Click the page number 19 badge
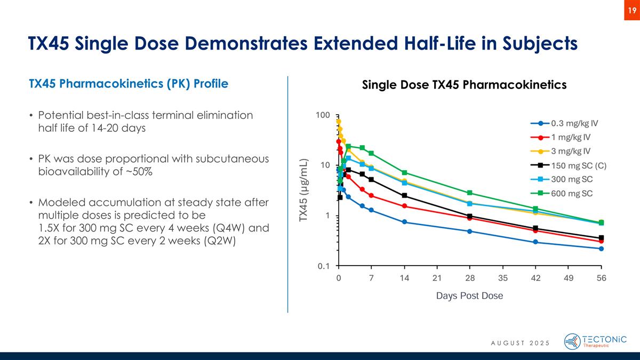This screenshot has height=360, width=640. pos(631,11)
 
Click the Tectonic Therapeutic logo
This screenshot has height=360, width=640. pos(595,341)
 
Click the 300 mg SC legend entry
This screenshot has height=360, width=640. pos(561,179)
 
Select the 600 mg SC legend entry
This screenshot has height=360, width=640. pos(561,193)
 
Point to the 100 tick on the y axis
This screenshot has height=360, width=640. pos(323,115)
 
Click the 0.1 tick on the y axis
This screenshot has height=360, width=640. pos(324,266)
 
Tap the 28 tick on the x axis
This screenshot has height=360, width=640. pos(470,278)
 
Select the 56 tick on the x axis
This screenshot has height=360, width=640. pos(601,278)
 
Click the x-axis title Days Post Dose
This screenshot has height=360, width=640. pos(470,295)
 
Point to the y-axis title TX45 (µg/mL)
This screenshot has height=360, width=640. pos(303,190)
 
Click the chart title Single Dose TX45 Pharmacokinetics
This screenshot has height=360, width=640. pos(464,85)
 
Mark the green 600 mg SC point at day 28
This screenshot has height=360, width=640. pos(470,193)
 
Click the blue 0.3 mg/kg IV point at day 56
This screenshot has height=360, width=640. pos(601,249)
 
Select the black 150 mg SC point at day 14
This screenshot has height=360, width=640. pos(404,196)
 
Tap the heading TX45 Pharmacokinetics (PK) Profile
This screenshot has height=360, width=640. pos(129,84)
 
